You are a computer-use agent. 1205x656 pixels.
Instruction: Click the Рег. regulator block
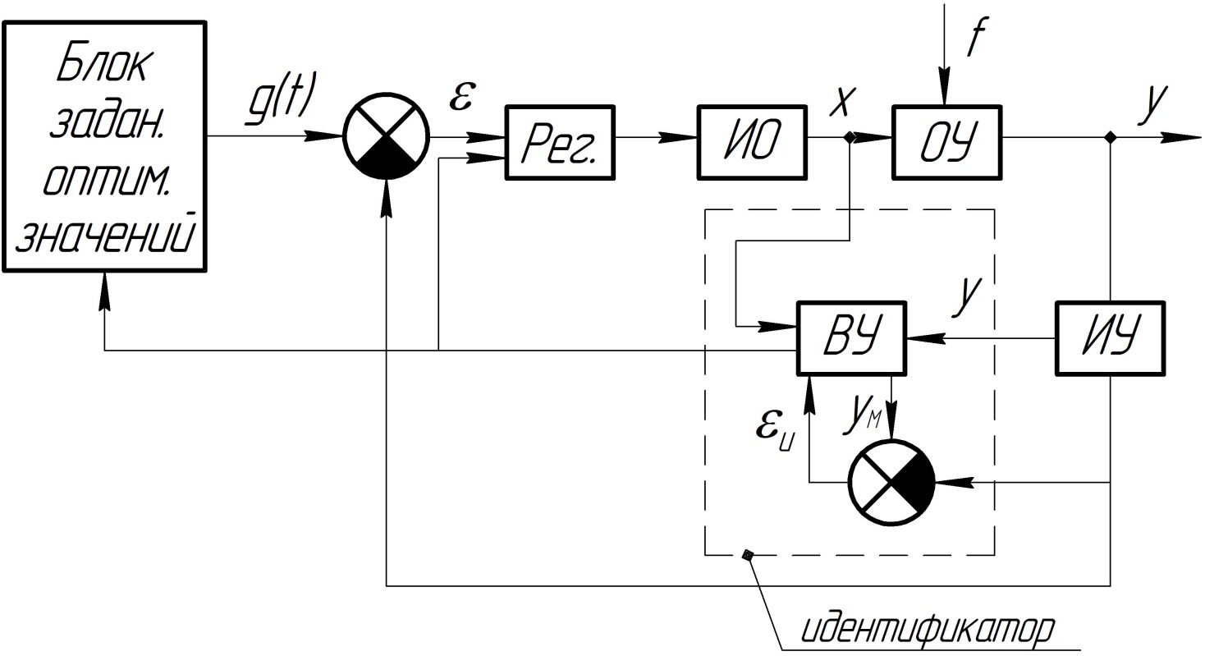(561, 142)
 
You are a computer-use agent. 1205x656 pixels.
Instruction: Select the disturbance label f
(975, 37)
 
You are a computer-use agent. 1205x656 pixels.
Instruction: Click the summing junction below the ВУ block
(891, 482)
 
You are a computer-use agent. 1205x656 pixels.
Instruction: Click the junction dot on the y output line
(1111, 138)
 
